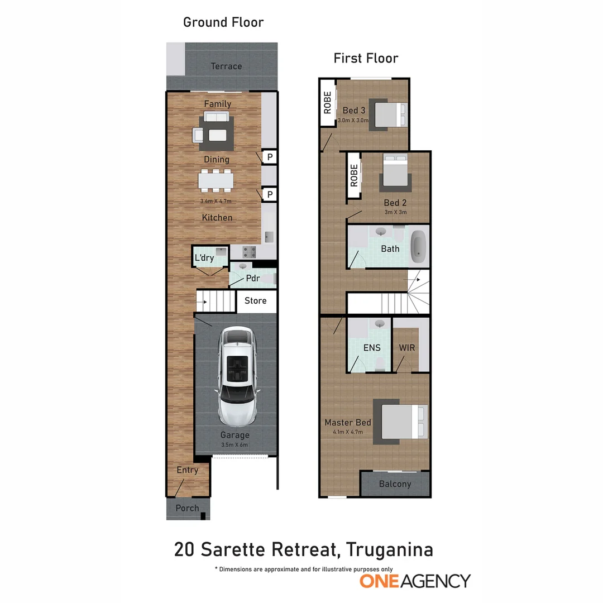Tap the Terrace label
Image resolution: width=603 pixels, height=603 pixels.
pos(226,66)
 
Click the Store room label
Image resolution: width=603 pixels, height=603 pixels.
pos(256,301)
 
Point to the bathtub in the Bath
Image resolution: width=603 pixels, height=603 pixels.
pos(418,249)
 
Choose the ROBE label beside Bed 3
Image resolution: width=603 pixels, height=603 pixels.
pos(327,102)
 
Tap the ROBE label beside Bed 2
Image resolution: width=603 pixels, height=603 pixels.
pos(353,175)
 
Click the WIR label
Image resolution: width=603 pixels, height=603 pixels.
pos(407,348)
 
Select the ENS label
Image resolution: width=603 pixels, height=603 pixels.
pos(372,348)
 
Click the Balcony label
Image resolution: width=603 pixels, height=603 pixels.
pos(395,484)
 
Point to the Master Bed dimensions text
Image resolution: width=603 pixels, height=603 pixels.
pos(347,432)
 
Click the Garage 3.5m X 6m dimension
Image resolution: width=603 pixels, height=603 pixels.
pos(234,445)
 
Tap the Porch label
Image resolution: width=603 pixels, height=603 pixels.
pos(187,508)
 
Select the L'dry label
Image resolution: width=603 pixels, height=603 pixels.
pos(204,258)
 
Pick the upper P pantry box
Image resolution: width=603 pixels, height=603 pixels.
pos(270,157)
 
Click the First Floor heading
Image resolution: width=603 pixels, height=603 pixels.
pos(366,58)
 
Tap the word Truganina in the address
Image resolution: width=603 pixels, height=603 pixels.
pos(389,549)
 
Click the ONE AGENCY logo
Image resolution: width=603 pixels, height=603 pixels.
pos(415,581)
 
